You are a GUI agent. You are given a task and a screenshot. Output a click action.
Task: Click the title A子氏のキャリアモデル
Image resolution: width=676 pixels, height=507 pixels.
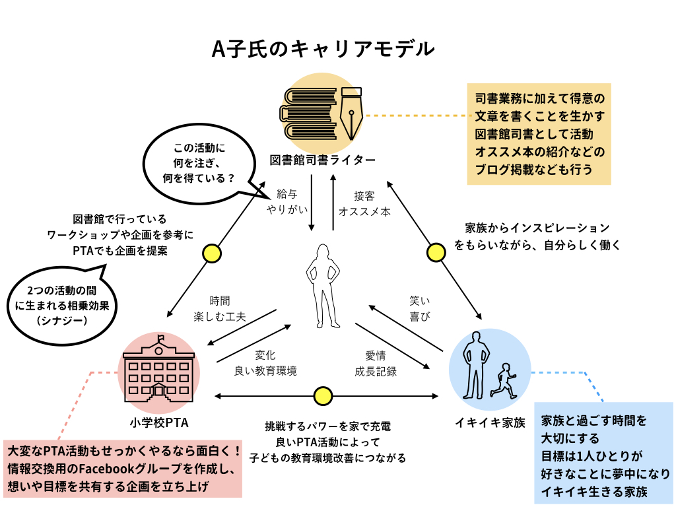coord(323,50)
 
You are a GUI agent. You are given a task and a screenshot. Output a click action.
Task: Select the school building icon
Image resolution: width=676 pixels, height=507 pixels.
coord(159,370)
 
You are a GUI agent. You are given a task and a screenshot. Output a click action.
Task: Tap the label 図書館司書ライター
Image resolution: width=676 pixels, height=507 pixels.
coord(323,160)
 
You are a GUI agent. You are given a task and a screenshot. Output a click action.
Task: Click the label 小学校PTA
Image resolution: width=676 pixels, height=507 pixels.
coord(160,421)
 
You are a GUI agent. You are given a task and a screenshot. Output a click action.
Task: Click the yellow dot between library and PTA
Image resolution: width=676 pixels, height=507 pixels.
coord(211,253)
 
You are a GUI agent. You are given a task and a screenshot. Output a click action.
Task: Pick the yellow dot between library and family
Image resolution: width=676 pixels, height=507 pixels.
coord(436,252)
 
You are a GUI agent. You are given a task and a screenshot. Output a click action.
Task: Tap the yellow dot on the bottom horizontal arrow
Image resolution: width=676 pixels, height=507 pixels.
coord(323,395)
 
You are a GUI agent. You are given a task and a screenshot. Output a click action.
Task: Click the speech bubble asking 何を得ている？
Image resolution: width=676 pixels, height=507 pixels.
coord(199,161)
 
